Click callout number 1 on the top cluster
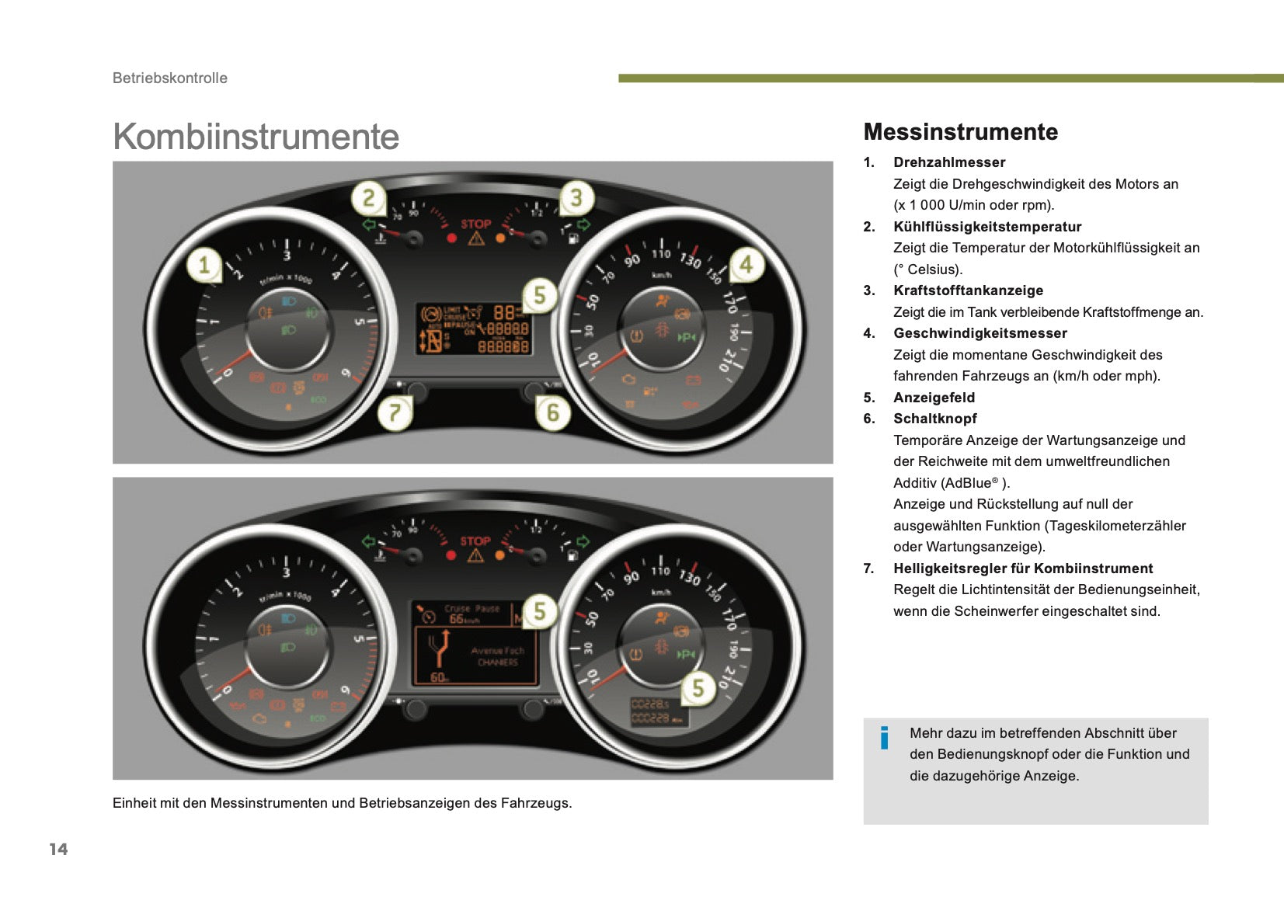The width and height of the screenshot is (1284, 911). tap(204, 265)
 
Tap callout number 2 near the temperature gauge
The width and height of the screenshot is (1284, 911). tap(369, 198)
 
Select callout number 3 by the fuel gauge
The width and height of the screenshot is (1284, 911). tap(576, 198)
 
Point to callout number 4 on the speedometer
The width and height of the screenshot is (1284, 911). tap(746, 265)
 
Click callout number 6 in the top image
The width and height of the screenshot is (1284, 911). tap(553, 412)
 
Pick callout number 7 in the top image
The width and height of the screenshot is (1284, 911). tap(395, 412)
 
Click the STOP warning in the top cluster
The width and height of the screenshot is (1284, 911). tap(475, 224)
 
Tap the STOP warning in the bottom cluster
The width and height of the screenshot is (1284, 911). tap(475, 541)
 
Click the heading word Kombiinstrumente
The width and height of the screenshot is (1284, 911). tap(256, 137)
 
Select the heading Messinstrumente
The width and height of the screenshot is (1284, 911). tap(960, 132)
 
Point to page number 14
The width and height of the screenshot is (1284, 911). tap(58, 849)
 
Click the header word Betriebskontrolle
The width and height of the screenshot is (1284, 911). tap(170, 78)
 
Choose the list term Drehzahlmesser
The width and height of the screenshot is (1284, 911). tap(948, 162)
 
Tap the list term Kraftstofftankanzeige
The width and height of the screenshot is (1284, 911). tap(968, 290)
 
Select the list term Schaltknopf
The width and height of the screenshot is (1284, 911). tap(934, 419)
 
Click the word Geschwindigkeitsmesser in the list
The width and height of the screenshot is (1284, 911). tap(980, 333)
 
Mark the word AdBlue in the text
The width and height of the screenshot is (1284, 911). tap(968, 483)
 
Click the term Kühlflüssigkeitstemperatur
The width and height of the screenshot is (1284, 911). tap(986, 227)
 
